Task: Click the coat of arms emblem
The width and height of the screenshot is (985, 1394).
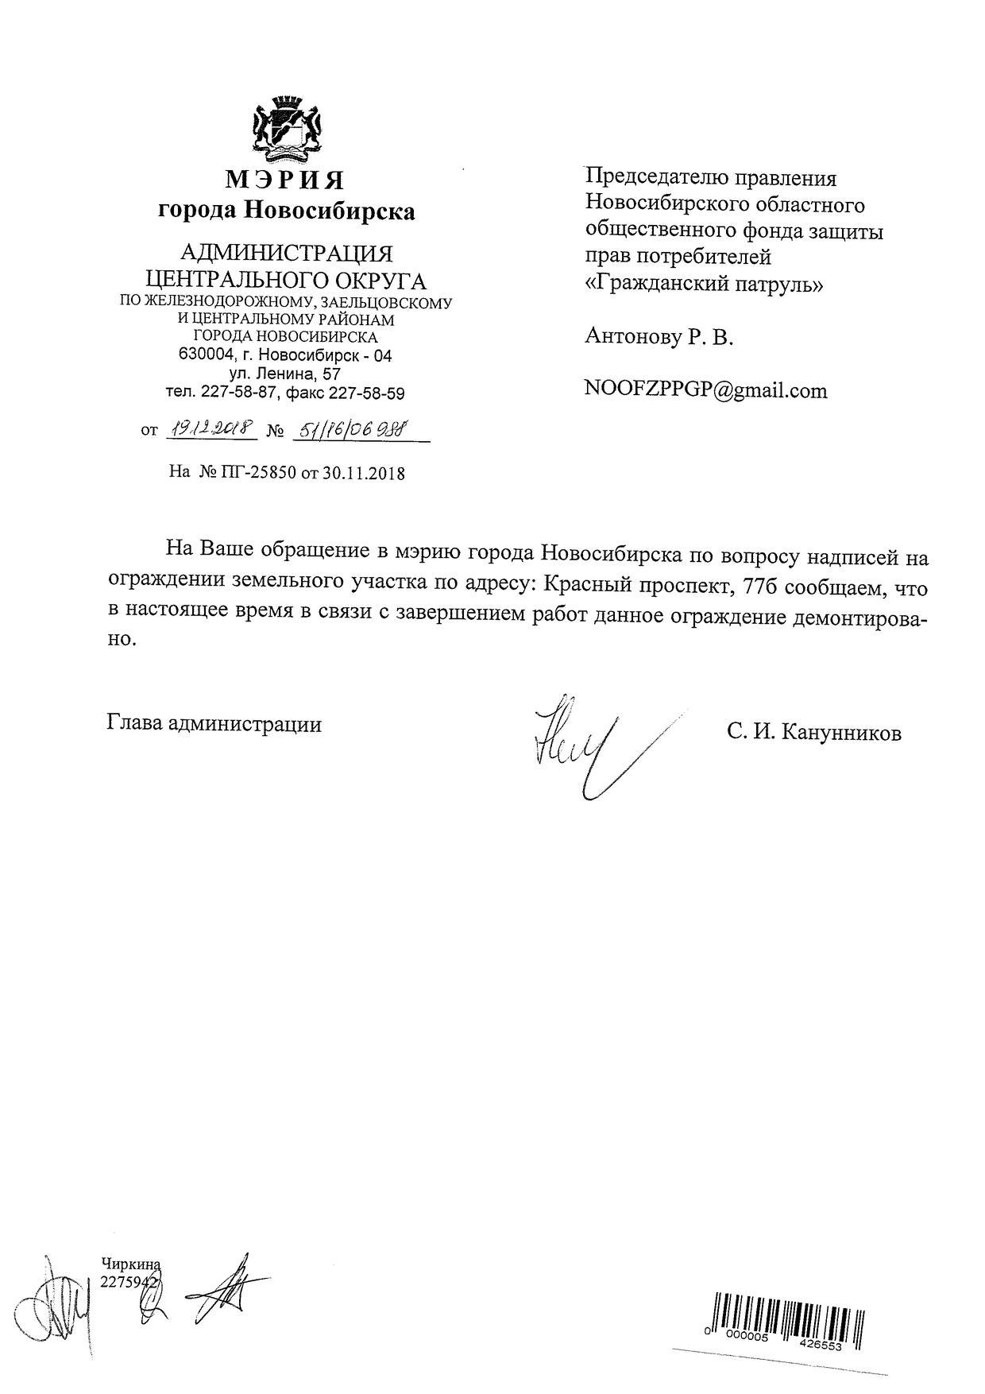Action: tap(285, 126)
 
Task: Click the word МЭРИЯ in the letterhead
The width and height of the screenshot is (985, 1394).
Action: tap(285, 180)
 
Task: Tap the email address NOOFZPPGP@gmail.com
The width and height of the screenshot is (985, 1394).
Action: tap(705, 390)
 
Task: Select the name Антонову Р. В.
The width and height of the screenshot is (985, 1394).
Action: tap(659, 337)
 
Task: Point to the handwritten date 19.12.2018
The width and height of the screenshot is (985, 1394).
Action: tap(212, 429)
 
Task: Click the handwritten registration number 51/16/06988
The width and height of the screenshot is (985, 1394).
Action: tap(350, 429)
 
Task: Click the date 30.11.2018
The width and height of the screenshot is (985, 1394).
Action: tap(363, 473)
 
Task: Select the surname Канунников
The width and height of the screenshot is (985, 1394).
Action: tap(841, 732)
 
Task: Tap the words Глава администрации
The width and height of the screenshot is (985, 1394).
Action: tap(214, 724)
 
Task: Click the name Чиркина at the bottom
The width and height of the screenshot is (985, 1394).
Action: tap(131, 1264)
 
